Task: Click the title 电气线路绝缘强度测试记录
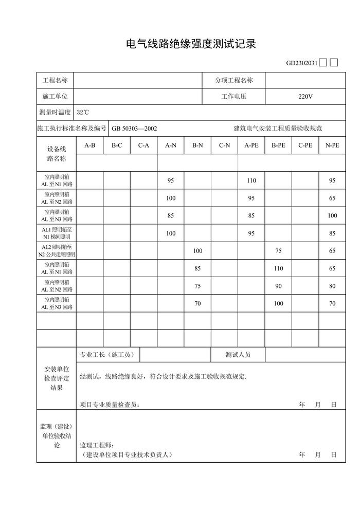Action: pyautogui.click(x=191, y=44)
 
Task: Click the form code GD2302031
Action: pyautogui.click(x=301, y=63)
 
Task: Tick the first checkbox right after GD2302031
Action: pyautogui.click(x=322, y=63)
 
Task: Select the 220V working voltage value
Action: pyautogui.click(x=305, y=96)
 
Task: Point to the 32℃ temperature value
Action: pyautogui.click(x=83, y=112)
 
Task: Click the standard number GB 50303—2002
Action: pyautogui.click(x=134, y=129)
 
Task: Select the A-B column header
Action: pyautogui.click(x=90, y=146)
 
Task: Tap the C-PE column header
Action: pyautogui.click(x=305, y=146)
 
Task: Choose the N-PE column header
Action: pyautogui.click(x=332, y=146)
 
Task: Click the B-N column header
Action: pyautogui.click(x=197, y=146)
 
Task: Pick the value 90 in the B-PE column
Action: pyautogui.click(x=278, y=286)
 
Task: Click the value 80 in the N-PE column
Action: pyautogui.click(x=332, y=286)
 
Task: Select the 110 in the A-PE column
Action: pyautogui.click(x=251, y=180)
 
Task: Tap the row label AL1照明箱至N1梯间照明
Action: pyautogui.click(x=57, y=233)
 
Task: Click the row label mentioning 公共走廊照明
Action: pyautogui.click(x=57, y=251)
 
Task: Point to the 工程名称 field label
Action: pyautogui.click(x=55, y=80)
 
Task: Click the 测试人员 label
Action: pyautogui.click(x=238, y=355)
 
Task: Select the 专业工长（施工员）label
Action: pyautogui.click(x=107, y=355)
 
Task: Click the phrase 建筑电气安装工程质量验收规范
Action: pyautogui.click(x=278, y=129)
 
